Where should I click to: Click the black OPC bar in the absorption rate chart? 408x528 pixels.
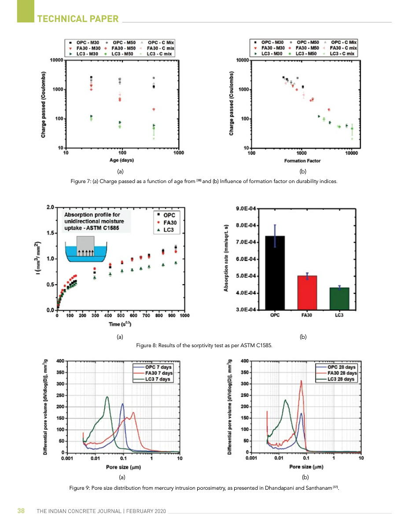(x=275, y=273)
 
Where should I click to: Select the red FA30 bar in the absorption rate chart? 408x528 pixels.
(x=307, y=293)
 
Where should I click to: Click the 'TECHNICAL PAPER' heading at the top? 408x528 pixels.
(x=78, y=18)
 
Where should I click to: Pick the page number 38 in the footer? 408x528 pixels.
(x=21, y=511)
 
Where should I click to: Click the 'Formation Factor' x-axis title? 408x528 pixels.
(x=302, y=161)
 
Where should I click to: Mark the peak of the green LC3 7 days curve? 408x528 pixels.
(x=107, y=397)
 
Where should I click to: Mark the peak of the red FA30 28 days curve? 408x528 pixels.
(x=301, y=381)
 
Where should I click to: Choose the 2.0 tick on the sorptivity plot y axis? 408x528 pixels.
(x=50, y=207)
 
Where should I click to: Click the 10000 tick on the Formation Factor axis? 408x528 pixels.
(x=351, y=153)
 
